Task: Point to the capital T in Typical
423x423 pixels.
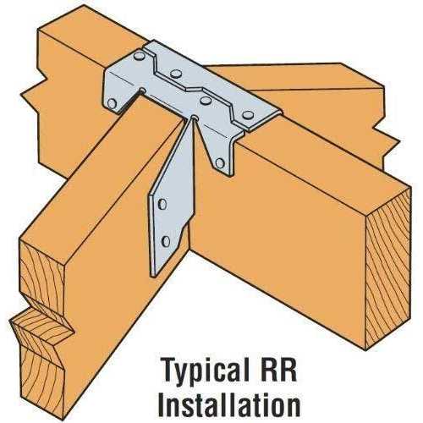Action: coord(170,370)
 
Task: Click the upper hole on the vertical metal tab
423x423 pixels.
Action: coord(162,204)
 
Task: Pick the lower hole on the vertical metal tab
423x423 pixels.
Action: coord(166,241)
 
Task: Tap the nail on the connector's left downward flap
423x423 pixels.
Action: coord(112,104)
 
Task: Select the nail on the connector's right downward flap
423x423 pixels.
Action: coord(220,163)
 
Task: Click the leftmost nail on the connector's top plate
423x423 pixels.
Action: coord(139,56)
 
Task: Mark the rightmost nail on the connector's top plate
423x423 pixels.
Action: coord(248,115)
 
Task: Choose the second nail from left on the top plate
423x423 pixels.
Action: coord(176,74)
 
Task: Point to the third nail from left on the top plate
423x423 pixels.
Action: coord(206,99)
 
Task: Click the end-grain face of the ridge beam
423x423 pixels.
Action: coord(387,268)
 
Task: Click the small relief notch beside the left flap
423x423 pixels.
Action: coord(143,91)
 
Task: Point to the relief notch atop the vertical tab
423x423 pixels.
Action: coord(194,117)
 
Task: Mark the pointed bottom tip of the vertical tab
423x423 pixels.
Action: coord(153,275)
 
